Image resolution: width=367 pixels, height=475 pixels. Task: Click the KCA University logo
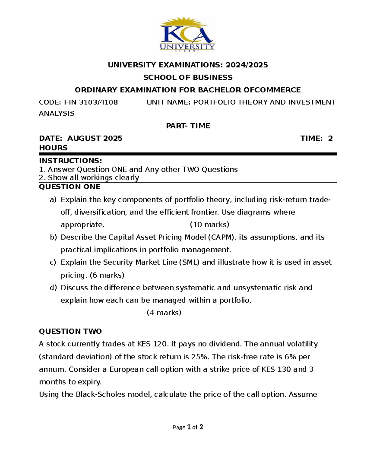pyautogui.click(x=187, y=34)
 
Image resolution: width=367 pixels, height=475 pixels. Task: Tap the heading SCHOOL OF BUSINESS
pyautogui.click(x=188, y=77)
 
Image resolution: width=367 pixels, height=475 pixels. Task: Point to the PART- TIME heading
pyautogui.click(x=188, y=126)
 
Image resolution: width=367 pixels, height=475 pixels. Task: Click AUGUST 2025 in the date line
pyautogui.click(x=95, y=138)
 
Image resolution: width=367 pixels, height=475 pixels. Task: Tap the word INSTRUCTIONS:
pyautogui.click(x=70, y=161)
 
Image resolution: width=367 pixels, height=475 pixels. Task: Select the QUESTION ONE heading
pyautogui.click(x=69, y=187)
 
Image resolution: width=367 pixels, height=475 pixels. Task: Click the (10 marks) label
pyautogui.click(x=209, y=225)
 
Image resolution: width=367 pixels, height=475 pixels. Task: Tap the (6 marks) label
pyautogui.click(x=107, y=275)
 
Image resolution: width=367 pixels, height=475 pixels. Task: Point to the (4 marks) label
pyautogui.click(x=164, y=313)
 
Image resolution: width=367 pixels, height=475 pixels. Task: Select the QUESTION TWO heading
pyautogui.click(x=70, y=331)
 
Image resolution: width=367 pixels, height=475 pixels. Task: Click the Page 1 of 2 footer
pyautogui.click(x=188, y=427)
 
